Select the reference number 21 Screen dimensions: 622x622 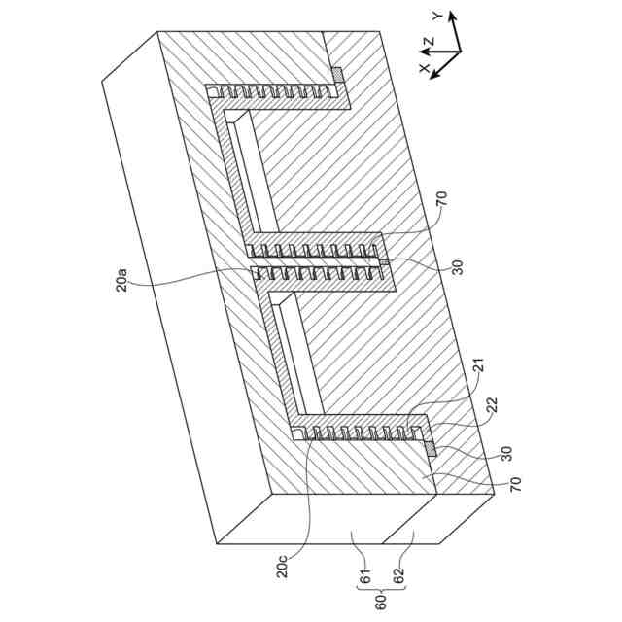tap(477, 369)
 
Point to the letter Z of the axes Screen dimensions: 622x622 tap(427, 42)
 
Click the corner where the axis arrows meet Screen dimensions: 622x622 tap(459, 50)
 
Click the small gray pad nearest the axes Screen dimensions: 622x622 tap(338, 73)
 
